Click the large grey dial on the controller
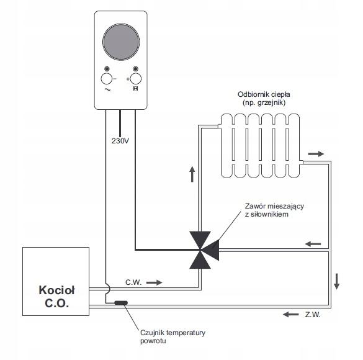tap(121, 42)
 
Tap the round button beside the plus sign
tap(136, 79)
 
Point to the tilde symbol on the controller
tap(107, 89)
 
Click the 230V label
tap(120, 141)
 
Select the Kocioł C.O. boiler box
tap(56, 281)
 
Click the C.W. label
tap(133, 282)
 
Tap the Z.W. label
tap(313, 315)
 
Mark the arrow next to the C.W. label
tap(155, 282)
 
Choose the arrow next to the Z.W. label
tap(291, 315)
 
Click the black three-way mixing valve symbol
tap(204, 250)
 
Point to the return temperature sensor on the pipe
tap(121, 303)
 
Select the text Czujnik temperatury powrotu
tap(173, 336)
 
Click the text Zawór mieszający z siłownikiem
tap(274, 210)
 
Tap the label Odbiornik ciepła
tap(264, 94)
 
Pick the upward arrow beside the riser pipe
tap(192, 174)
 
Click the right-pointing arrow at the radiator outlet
tap(316, 154)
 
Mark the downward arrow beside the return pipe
tap(336, 281)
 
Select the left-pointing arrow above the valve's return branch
tap(313, 244)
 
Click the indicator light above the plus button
tap(136, 69)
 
